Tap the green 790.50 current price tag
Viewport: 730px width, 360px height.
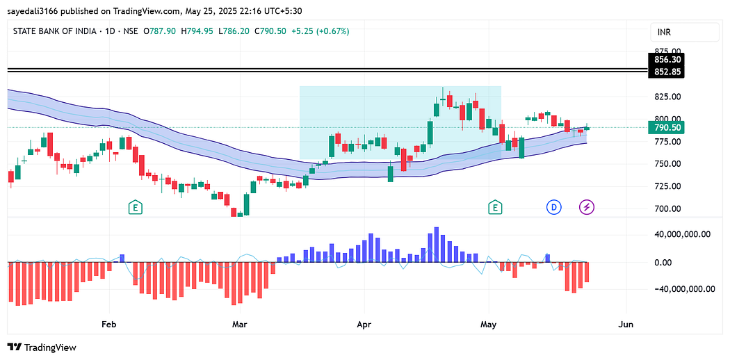pyautogui.click(x=667, y=127)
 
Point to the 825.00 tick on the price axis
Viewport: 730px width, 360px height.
pyautogui.click(x=667, y=96)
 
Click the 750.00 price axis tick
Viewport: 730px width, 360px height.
pyautogui.click(x=667, y=164)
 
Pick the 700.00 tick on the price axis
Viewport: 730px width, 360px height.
pyautogui.click(x=667, y=209)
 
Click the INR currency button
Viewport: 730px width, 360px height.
pyautogui.click(x=684, y=32)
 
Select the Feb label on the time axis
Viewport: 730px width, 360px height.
pyautogui.click(x=108, y=324)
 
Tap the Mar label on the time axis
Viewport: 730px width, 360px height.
pyautogui.click(x=240, y=324)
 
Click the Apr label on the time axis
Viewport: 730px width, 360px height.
pyautogui.click(x=362, y=324)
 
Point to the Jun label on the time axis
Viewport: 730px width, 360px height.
pyautogui.click(x=626, y=324)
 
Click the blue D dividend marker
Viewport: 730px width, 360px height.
pyautogui.click(x=554, y=207)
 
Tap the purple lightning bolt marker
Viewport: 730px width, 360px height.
pyautogui.click(x=587, y=207)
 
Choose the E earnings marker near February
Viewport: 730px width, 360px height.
pyautogui.click(x=136, y=207)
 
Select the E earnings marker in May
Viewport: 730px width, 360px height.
pyautogui.click(x=495, y=207)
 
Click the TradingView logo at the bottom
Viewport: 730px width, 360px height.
pyautogui.click(x=42, y=347)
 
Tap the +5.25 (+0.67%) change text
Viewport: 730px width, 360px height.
pyautogui.click(x=320, y=31)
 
